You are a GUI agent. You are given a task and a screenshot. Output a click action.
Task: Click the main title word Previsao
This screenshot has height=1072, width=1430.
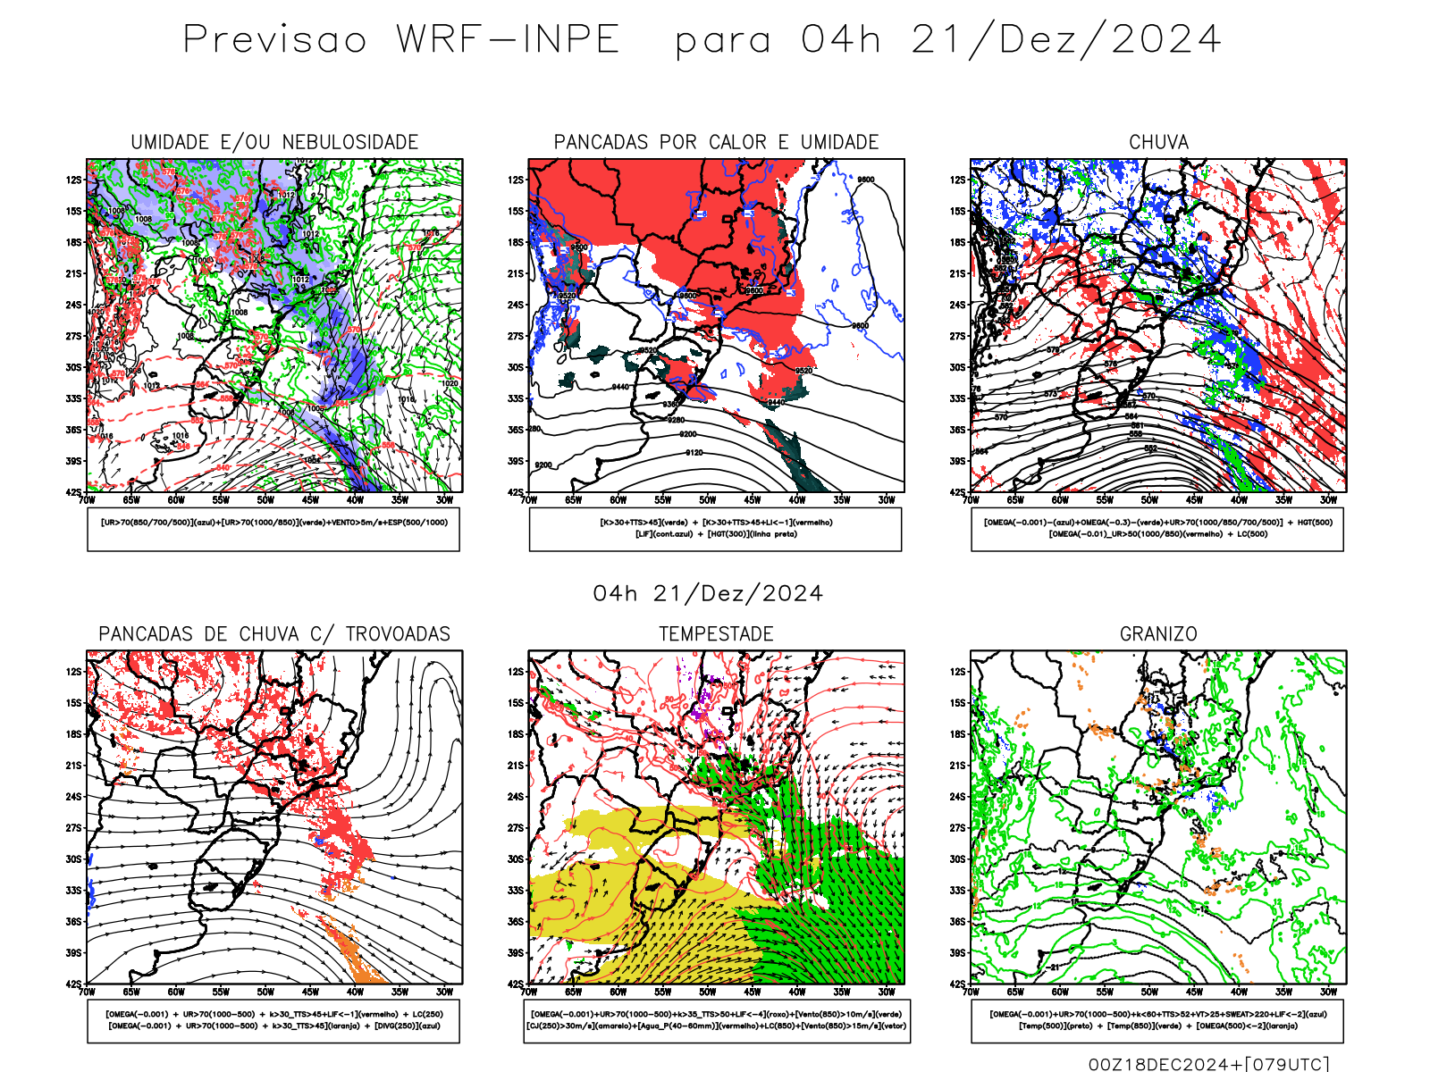click(x=275, y=40)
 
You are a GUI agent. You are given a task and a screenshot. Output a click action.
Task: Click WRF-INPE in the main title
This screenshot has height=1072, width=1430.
click(x=508, y=40)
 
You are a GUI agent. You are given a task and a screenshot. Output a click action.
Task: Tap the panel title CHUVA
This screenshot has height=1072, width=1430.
click(x=1158, y=142)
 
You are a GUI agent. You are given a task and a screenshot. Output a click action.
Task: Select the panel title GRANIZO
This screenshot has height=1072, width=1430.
click(x=1158, y=634)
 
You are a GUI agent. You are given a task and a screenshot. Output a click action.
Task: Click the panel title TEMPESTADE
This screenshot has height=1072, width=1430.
click(x=716, y=634)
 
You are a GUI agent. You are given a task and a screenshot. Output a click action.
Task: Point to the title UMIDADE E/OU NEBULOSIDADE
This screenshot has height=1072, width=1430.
click(x=274, y=142)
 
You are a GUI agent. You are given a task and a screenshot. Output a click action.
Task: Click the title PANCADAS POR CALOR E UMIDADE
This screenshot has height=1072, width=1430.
click(x=716, y=142)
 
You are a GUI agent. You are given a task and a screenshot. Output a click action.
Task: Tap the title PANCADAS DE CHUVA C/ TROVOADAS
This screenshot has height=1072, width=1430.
click(x=274, y=634)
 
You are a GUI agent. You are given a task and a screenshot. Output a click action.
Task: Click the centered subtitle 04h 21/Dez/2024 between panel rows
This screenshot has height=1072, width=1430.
click(x=708, y=594)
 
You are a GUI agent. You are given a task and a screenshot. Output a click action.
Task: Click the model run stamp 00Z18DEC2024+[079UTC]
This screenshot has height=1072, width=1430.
click(x=1208, y=1064)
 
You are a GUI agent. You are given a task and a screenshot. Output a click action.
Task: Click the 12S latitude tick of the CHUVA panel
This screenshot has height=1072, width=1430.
click(x=958, y=180)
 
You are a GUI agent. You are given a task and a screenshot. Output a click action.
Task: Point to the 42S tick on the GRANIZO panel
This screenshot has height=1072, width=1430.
click(x=958, y=984)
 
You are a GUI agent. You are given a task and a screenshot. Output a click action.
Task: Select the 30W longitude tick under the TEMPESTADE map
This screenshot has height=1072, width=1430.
click(x=887, y=992)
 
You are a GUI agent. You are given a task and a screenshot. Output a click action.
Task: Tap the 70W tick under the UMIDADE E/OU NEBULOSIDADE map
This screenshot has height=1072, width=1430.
click(x=87, y=500)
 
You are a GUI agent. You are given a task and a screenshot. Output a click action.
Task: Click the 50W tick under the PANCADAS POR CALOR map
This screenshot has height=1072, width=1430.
click(x=708, y=500)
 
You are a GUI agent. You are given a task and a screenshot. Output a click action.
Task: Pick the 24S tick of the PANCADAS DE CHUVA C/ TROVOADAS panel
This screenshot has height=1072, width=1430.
click(x=73, y=797)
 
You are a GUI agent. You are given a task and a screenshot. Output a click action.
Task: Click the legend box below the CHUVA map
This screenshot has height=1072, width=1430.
click(x=1157, y=529)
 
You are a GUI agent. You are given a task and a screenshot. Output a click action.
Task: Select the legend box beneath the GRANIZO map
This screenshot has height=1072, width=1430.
click(x=1157, y=1020)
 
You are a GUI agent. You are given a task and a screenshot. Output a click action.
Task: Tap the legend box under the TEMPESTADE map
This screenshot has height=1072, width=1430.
click(x=716, y=1020)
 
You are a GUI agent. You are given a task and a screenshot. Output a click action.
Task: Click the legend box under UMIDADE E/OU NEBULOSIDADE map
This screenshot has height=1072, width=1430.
click(x=273, y=529)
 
